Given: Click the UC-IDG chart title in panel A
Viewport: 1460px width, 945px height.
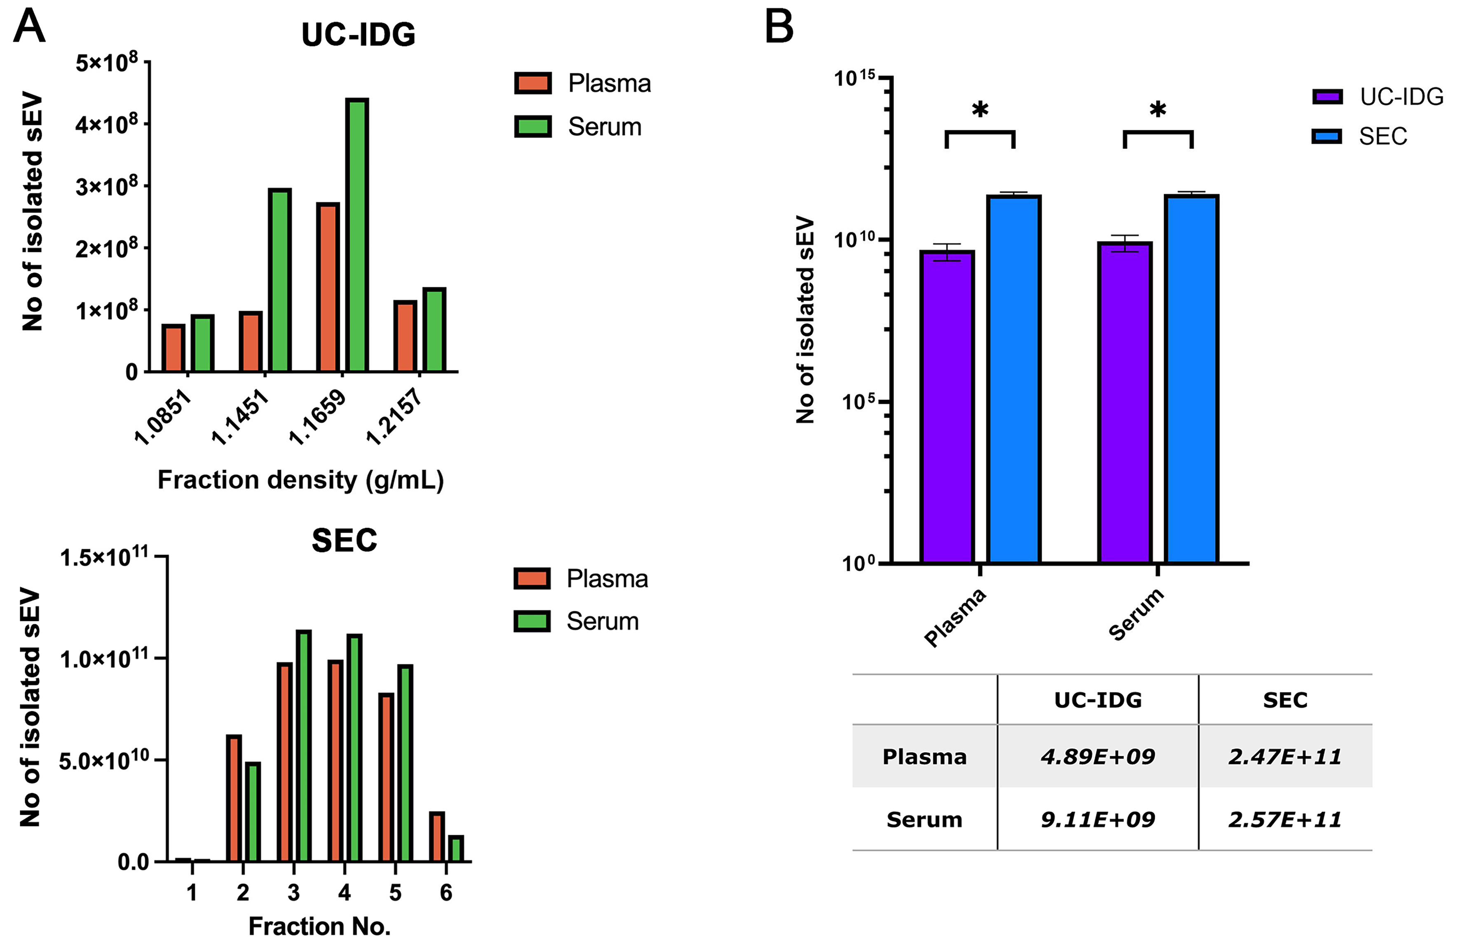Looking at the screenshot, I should [x=358, y=34].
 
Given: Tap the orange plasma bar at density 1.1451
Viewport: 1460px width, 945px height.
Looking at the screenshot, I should [x=251, y=342].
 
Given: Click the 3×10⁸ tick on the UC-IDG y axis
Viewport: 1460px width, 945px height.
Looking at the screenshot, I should [x=107, y=186].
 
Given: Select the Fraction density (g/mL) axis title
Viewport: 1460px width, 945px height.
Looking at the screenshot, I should [x=300, y=480].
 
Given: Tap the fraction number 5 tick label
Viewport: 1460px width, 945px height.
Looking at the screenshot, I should [x=395, y=892].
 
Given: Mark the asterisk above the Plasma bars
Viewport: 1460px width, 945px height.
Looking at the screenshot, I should [x=980, y=111].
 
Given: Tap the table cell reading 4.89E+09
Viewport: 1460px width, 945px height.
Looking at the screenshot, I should [x=1098, y=757].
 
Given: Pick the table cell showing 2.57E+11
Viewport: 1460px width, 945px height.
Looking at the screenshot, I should [x=1284, y=819].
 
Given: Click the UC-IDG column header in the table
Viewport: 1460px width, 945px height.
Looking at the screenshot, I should [x=1098, y=700].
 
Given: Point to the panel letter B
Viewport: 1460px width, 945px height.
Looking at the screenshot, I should [x=779, y=28].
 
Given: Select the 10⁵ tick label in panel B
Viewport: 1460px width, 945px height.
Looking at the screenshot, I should [x=857, y=402].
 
